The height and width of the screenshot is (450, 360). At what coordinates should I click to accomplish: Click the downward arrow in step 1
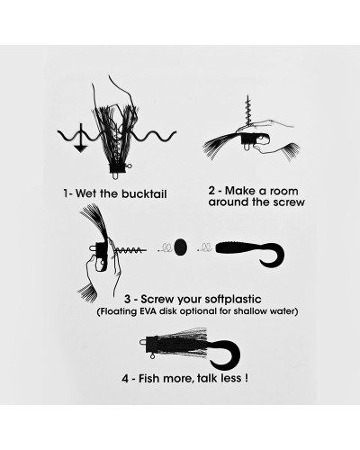pos(80,139)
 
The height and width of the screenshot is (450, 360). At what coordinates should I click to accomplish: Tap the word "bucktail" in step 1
pos(144,193)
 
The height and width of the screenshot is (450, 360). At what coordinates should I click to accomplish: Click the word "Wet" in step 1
pos(85,193)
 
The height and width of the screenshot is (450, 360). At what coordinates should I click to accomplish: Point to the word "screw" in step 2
pos(289,202)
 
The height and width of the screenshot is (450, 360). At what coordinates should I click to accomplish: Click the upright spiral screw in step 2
pos(248,112)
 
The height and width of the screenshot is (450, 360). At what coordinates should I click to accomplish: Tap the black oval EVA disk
pos(181,247)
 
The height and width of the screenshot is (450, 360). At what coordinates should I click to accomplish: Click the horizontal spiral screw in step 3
pos(130,249)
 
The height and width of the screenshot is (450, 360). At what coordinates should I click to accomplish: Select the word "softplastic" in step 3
pos(233,299)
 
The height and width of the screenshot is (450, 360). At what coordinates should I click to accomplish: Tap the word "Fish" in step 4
pos(148,379)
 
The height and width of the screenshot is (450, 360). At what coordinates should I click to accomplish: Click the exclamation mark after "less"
pos(246,378)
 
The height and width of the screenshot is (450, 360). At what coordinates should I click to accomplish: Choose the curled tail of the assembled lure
pos(226,355)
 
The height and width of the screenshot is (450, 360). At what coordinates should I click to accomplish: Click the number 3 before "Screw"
pos(128,300)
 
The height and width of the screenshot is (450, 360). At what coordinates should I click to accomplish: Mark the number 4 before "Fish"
pos(125,379)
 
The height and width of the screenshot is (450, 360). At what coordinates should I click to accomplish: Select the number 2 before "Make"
pos(211,191)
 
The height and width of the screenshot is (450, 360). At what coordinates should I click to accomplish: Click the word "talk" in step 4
pos(208,379)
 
